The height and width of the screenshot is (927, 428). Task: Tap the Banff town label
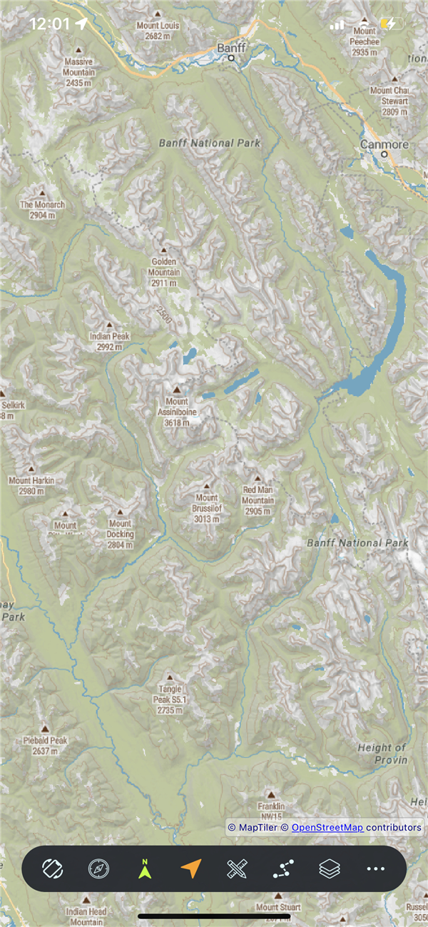(231, 48)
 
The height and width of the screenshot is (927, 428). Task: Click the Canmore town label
(384, 144)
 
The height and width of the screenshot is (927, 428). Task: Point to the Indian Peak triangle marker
(109, 325)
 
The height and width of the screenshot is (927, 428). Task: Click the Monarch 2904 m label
(42, 209)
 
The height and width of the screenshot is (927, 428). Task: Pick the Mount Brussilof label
(207, 508)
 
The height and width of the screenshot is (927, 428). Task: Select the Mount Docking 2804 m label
(120, 534)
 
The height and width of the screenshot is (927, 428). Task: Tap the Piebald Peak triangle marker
(45, 729)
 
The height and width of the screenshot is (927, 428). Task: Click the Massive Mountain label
(78, 72)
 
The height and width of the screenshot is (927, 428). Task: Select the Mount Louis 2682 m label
(158, 30)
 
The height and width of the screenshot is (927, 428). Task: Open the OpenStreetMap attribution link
(327, 827)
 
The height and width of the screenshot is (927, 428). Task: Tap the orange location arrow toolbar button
(190, 868)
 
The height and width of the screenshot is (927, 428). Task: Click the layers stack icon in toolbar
(329, 868)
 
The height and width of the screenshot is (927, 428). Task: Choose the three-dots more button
(375, 868)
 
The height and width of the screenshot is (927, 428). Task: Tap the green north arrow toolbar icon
(145, 868)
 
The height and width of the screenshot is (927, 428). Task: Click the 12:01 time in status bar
(49, 24)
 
